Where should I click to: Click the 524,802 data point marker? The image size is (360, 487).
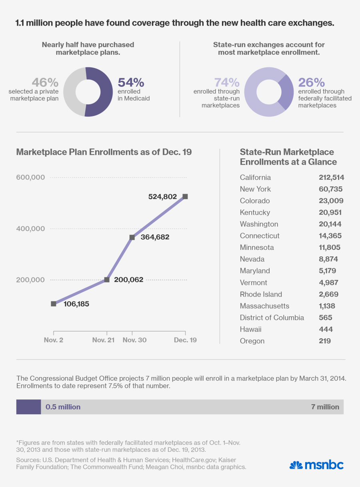coord(185,196)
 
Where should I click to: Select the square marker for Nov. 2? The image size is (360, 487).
coord(54,304)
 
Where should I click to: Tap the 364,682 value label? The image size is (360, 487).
coord(155,237)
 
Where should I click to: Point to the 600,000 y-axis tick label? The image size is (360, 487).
coord(30,177)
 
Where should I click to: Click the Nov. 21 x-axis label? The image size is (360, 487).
coord(103,340)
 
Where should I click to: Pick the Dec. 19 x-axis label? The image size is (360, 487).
coord(185,340)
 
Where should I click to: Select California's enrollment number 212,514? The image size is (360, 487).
coord(332,178)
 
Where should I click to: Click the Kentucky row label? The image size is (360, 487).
coord(255,212)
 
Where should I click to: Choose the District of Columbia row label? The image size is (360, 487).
coord(272,317)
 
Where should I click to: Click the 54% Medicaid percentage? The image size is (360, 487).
coord(131,83)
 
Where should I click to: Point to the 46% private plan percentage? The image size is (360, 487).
coord(45,83)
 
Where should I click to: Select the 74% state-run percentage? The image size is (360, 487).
coord(227,83)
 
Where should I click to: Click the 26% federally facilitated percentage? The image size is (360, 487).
coord(311,83)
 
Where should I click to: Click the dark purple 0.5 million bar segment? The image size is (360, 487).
coord(28,407)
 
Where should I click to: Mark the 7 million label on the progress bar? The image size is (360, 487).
coord(325,407)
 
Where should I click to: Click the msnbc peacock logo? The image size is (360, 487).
coord(296,465)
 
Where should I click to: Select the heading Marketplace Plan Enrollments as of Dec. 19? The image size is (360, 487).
coord(104,152)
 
